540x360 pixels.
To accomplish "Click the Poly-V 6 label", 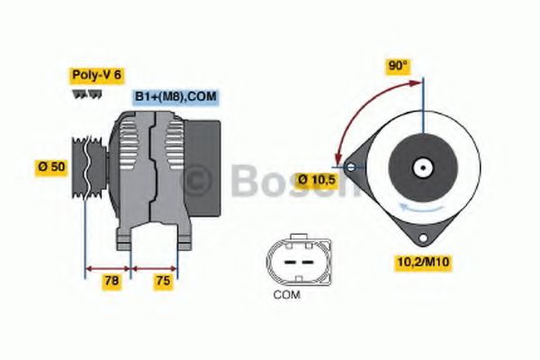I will click(95, 74).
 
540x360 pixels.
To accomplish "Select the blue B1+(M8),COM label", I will click(176, 97).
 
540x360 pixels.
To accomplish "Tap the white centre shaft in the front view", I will click(420, 167).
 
